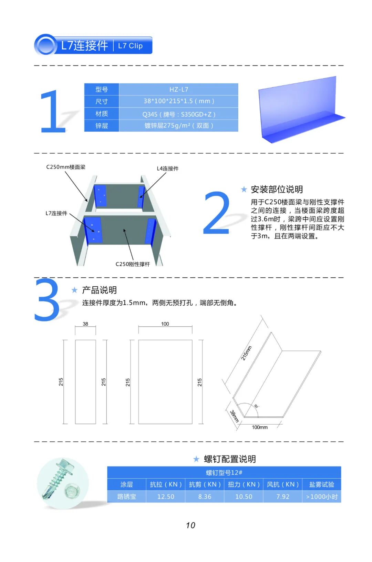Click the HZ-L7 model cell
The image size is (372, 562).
coord(179,89)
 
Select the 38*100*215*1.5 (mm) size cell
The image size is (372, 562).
coord(179,101)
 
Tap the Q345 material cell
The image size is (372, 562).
coord(179,114)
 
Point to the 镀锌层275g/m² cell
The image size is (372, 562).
coord(179,125)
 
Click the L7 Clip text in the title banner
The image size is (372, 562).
coord(130,46)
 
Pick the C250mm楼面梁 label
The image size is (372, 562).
coord(66,167)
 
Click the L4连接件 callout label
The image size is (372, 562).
coord(167,168)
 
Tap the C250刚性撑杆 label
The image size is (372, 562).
coord(133,264)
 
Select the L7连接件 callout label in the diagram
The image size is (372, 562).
coord(56,213)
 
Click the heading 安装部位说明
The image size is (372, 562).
coord(277,190)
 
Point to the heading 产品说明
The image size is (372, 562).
coord(99,290)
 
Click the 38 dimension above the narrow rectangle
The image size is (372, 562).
coord(85,324)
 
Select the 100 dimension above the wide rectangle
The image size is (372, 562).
coord(165,324)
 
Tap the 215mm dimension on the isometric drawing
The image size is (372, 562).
coord(246,353)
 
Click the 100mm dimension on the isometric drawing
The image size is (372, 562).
coord(260,427)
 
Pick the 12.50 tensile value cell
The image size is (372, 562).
coord(166,497)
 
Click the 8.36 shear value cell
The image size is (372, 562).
coord(205,497)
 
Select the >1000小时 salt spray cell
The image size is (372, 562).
coord(322,497)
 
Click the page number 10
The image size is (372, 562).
coord(190,525)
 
